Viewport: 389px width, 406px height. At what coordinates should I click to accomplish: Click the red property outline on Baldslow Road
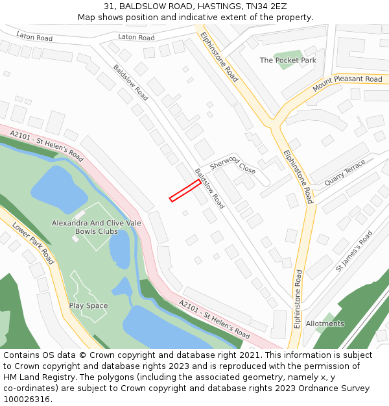pyautogui.click(x=185, y=190)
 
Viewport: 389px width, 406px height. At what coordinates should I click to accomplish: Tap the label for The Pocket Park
pyautogui.click(x=287, y=60)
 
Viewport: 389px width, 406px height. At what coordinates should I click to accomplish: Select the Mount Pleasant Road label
pyautogui.click(x=348, y=84)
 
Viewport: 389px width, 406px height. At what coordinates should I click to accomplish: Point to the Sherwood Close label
pyautogui.click(x=233, y=165)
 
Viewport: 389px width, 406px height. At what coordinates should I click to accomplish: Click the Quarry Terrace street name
pyautogui.click(x=345, y=173)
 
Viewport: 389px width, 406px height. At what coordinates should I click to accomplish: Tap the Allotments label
pyautogui.click(x=325, y=324)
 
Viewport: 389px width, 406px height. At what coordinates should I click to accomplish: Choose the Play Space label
pyautogui.click(x=88, y=305)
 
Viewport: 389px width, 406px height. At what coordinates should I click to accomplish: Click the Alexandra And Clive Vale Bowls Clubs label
pyautogui.click(x=97, y=227)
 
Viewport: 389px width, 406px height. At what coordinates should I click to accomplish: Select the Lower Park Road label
pyautogui.click(x=33, y=244)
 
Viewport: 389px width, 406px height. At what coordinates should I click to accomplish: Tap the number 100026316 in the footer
pyautogui.click(x=26, y=399)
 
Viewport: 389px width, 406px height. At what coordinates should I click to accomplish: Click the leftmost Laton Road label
pyautogui.click(x=34, y=37)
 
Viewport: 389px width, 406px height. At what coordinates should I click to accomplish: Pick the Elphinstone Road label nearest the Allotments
pyautogui.click(x=298, y=299)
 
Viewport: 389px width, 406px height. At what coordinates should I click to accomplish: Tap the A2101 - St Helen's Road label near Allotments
pyautogui.click(x=214, y=319)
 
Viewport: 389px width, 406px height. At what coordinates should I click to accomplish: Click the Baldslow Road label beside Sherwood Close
pyautogui.click(x=209, y=188)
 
